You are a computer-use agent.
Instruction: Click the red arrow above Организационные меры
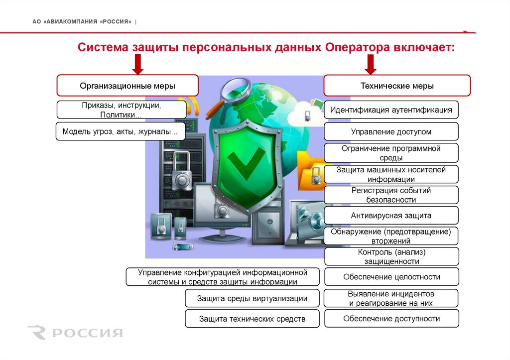[x=138, y=64]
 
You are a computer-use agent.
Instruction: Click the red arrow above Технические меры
[x=370, y=64]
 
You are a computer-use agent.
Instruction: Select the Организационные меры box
[x=127, y=86]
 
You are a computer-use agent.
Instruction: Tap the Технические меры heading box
[x=397, y=86]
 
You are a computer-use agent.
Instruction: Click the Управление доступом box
[x=391, y=132]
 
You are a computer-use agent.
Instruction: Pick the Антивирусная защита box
[x=391, y=216]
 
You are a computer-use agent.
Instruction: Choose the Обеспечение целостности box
[x=391, y=277]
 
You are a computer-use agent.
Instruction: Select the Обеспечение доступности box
[x=391, y=319]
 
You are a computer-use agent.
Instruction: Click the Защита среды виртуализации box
[x=252, y=299]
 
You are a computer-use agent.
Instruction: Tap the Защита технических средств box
[x=252, y=319]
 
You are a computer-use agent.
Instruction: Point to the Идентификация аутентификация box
[x=391, y=110]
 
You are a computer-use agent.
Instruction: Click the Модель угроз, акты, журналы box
[x=121, y=131]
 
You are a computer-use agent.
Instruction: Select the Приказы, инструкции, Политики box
[x=122, y=110]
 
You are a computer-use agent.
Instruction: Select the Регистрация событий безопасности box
[x=391, y=195]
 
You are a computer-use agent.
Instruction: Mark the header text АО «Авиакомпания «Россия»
[x=82, y=22]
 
